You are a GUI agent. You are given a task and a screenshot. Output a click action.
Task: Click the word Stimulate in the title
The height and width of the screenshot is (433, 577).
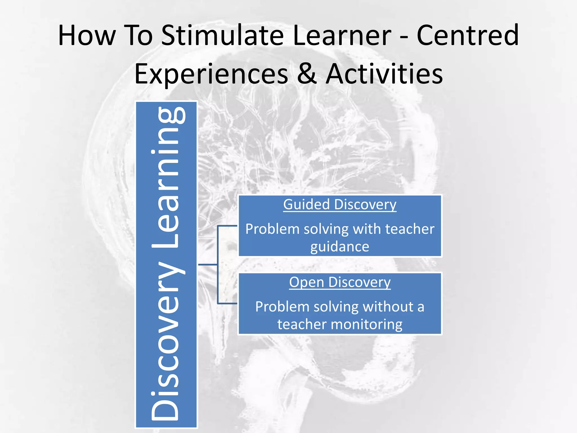(x=223, y=35)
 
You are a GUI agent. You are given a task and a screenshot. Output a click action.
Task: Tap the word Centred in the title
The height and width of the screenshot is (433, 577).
(x=467, y=35)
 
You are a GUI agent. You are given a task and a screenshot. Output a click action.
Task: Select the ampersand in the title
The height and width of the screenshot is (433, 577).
(x=307, y=74)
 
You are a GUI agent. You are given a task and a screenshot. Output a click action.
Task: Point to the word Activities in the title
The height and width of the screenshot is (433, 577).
(x=384, y=74)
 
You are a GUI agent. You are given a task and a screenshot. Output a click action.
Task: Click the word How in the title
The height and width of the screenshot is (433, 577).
(x=87, y=35)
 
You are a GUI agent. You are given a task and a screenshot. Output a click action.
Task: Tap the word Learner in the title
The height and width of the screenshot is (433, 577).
(x=342, y=35)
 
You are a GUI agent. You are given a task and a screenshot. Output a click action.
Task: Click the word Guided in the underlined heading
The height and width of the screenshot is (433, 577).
(x=306, y=204)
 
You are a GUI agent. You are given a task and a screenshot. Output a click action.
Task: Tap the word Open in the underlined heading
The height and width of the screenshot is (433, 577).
(x=307, y=282)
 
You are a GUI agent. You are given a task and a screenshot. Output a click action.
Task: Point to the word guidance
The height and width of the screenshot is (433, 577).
(x=340, y=247)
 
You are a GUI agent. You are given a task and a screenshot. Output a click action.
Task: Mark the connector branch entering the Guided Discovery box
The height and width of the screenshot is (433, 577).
(x=228, y=226)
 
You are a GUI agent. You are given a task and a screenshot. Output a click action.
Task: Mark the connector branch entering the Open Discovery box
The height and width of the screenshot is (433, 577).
(x=228, y=304)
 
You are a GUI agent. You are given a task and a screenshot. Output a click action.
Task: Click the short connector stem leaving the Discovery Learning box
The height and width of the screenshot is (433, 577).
(x=208, y=265)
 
